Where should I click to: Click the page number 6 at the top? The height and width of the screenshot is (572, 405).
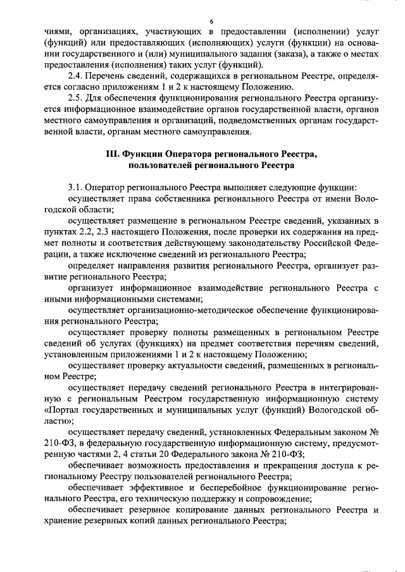pyautogui.click(x=212, y=21)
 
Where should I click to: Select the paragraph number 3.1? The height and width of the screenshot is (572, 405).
pyautogui.click(x=75, y=188)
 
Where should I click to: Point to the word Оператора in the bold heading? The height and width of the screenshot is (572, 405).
pyautogui.click(x=187, y=154)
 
